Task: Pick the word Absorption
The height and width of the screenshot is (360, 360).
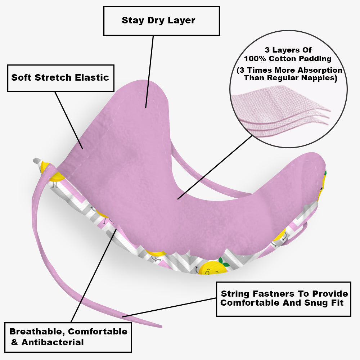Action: (x=323, y=70)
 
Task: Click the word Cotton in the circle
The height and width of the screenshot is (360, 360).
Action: (x=285, y=58)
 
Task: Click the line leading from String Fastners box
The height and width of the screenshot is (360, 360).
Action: (x=169, y=307)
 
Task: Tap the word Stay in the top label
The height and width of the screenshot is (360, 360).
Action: (x=132, y=20)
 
